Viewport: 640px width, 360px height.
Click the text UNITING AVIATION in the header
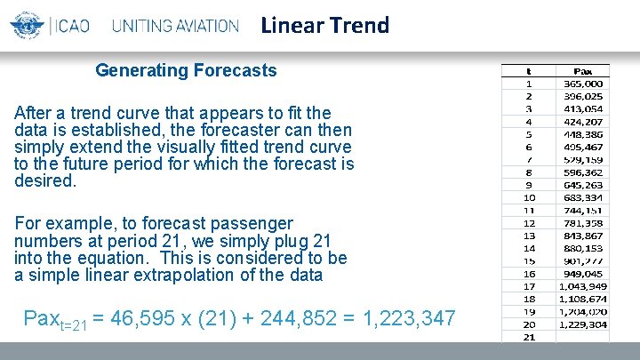pos(175,26)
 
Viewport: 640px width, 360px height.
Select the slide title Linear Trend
pos(325,25)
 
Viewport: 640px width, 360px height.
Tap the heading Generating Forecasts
pos(186,70)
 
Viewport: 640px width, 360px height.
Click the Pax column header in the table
pos(584,70)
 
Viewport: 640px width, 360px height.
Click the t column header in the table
pos(528,70)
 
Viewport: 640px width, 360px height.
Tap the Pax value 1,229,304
pos(584,324)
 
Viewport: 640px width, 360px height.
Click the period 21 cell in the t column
pos(528,337)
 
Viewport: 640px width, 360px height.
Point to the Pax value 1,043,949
pos(584,286)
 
